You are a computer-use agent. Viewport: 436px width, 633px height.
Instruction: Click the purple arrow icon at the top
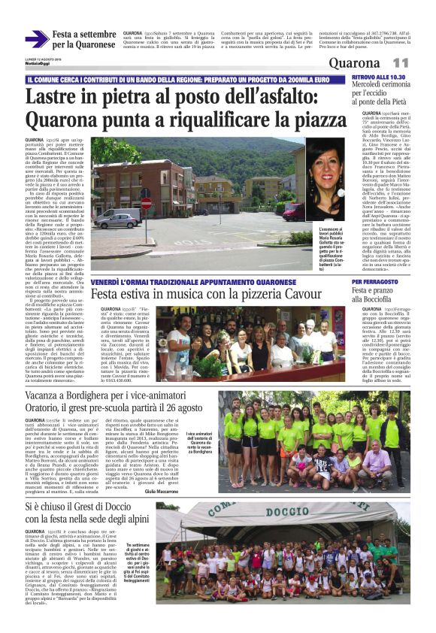(x=36, y=39)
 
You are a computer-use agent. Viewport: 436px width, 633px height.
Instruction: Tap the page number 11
(x=400, y=62)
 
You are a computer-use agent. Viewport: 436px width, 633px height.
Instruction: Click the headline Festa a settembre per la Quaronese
(x=84, y=39)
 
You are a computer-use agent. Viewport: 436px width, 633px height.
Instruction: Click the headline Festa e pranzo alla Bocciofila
(x=375, y=294)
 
